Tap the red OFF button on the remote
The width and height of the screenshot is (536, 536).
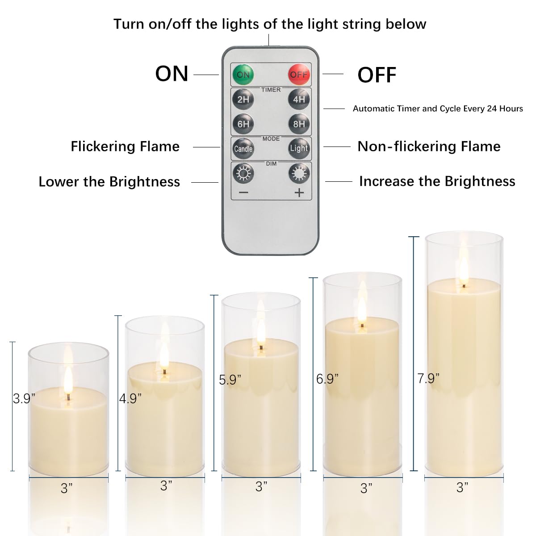pyautogui.click(x=298, y=74)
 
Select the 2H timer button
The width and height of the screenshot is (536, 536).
pyautogui.click(x=243, y=99)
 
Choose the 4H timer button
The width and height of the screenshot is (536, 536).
pyautogui.click(x=298, y=99)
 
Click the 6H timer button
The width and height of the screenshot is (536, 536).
pyautogui.click(x=243, y=124)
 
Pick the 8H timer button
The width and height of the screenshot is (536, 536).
pyautogui.click(x=298, y=124)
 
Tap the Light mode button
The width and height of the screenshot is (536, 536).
pyautogui.click(x=298, y=148)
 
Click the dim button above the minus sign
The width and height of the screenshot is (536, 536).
pyautogui.click(x=243, y=173)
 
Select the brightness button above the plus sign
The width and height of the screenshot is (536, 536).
pyautogui.click(x=298, y=173)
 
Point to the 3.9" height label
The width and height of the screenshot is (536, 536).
pyautogui.click(x=24, y=398)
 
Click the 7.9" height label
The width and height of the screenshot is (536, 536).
pyautogui.click(x=428, y=378)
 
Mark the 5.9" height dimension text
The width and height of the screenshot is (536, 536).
pyautogui.click(x=230, y=380)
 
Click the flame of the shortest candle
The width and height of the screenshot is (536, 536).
pyautogui.click(x=68, y=381)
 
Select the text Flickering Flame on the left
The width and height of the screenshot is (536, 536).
pyautogui.click(x=125, y=147)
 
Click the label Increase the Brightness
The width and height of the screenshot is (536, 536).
pyautogui.click(x=437, y=181)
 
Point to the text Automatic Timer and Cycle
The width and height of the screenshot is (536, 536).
pyautogui.click(x=437, y=109)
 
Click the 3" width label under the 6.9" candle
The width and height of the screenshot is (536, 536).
pyautogui.click(x=366, y=488)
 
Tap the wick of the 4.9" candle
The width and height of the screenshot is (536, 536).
pyautogui.click(x=165, y=372)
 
